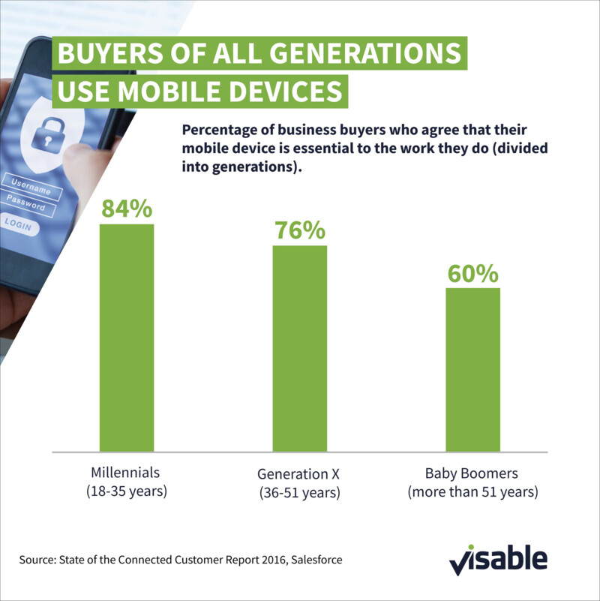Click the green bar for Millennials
[x=127, y=338]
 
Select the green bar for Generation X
[x=299, y=349]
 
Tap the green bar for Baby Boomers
[x=472, y=370]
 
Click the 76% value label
[x=299, y=230]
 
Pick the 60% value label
[x=472, y=272]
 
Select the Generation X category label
[x=299, y=475]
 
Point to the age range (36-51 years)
[x=299, y=494]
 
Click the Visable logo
[x=498, y=560]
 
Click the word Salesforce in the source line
[x=315, y=560]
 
